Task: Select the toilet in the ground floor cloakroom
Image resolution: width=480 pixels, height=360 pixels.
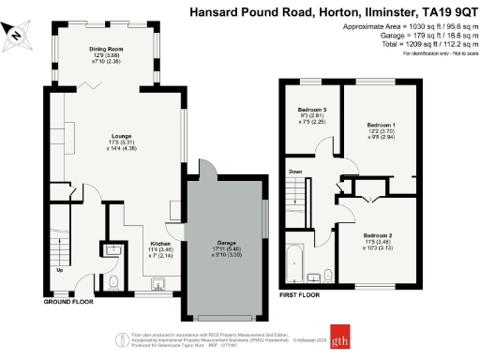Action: (112, 280)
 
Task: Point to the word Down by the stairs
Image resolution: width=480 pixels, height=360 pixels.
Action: (295, 172)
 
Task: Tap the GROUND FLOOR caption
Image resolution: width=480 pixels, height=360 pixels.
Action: (68, 303)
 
